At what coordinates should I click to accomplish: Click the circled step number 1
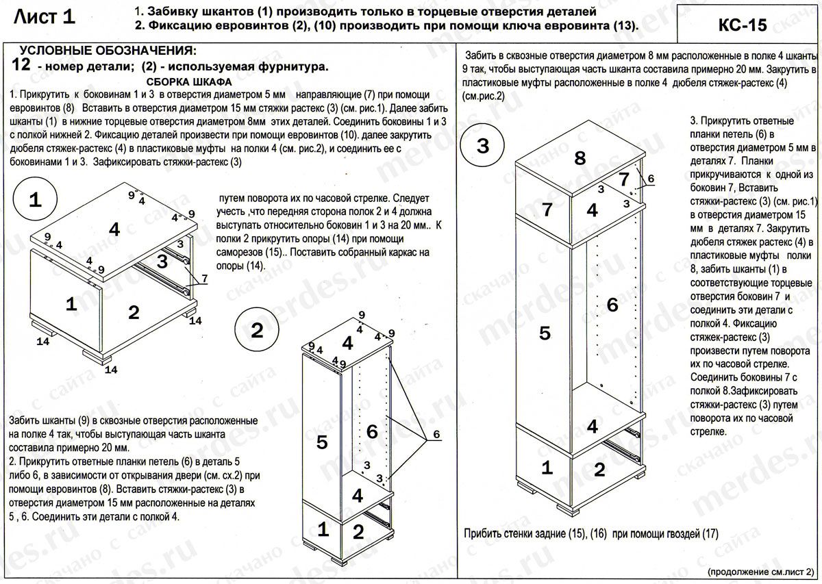(x=36, y=200)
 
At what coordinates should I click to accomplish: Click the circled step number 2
(x=257, y=331)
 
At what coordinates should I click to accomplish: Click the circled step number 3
(x=482, y=146)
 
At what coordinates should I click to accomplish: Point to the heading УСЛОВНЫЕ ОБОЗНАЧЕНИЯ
(x=108, y=51)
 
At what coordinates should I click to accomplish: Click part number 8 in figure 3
(x=580, y=159)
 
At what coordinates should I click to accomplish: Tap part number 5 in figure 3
(x=545, y=333)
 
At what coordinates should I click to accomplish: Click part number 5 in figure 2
(x=322, y=442)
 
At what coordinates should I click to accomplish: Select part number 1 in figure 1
(x=71, y=305)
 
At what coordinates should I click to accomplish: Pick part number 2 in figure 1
(x=134, y=312)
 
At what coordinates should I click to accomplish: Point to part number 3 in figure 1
(x=162, y=261)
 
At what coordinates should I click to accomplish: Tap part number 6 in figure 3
(x=612, y=304)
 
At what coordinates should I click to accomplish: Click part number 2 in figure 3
(x=599, y=470)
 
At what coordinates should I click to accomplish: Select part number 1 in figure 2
(x=323, y=529)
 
